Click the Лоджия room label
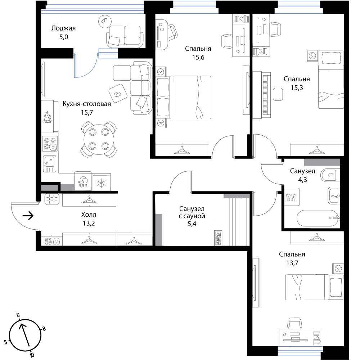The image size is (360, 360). [x=63, y=28]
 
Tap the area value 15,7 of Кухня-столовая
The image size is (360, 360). [x=87, y=112]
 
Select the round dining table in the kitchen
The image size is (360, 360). [x=99, y=139]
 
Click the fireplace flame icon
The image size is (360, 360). [x=48, y=117]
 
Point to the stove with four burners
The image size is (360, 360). [x=50, y=144]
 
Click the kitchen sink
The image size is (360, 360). [x=49, y=164]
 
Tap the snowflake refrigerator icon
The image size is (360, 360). [x=101, y=183]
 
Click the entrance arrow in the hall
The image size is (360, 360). [x=28, y=216]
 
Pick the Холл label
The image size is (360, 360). [x=89, y=215]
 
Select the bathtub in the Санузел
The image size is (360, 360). [x=318, y=218]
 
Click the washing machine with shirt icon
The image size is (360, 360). [x=292, y=197]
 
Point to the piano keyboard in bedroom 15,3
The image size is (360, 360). [x=266, y=95]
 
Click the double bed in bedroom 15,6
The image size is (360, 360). [x=183, y=98]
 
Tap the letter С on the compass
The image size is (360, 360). [x=18, y=315]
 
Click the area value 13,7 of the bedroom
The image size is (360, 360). [x=292, y=263]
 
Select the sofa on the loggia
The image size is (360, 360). [x=125, y=37]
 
